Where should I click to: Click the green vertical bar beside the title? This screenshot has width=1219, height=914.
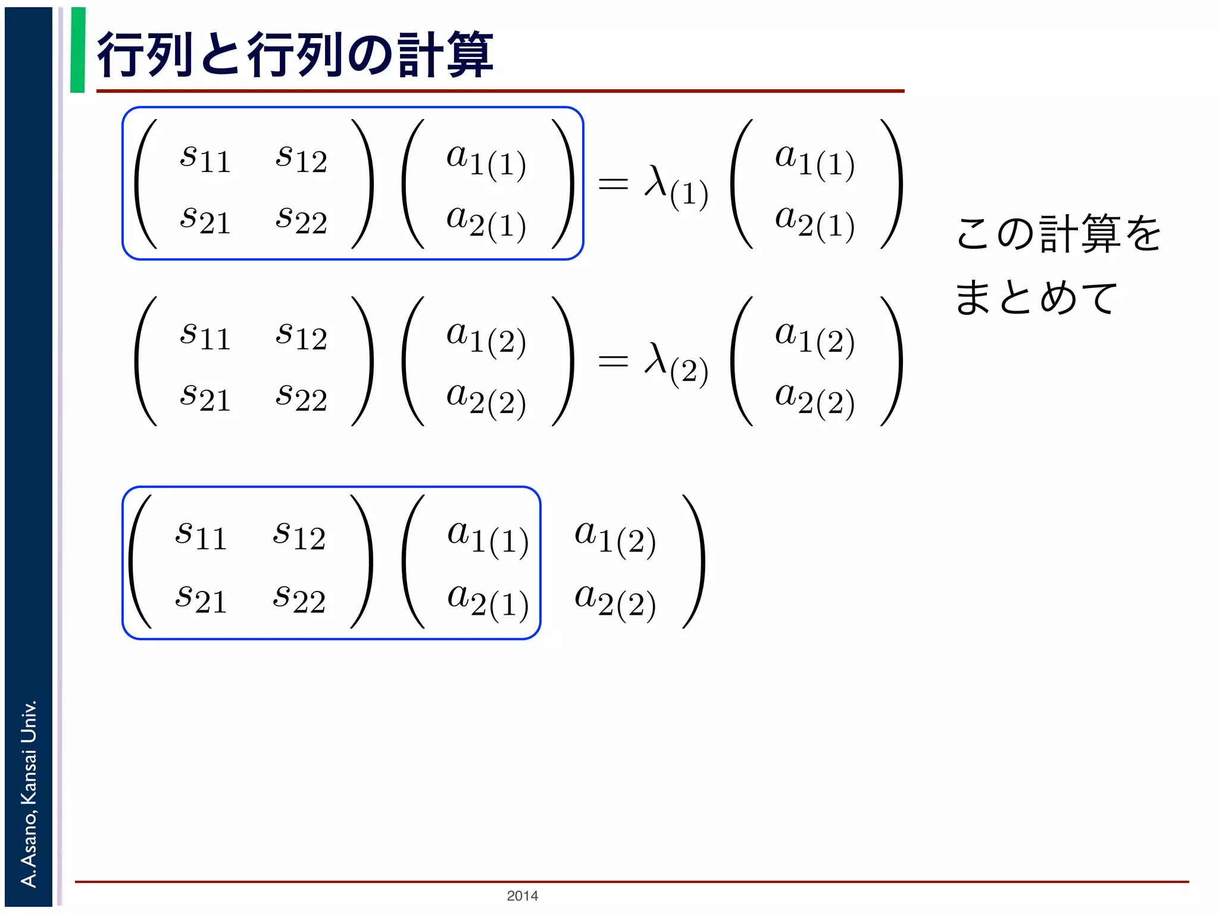tap(78, 50)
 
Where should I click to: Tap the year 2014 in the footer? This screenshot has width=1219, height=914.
tap(522, 896)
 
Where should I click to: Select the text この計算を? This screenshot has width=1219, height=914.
tap(1058, 233)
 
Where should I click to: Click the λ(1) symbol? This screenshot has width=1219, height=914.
tap(676, 186)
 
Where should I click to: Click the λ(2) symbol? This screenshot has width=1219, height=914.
tap(676, 363)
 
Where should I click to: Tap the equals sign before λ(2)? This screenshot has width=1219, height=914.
tap(613, 361)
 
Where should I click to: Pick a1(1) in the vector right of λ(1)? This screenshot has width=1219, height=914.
tap(814, 161)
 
